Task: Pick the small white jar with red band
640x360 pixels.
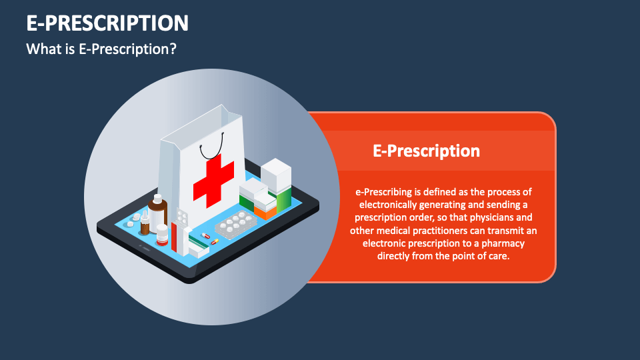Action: pos(162,235)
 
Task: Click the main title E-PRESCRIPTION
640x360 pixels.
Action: pos(107,24)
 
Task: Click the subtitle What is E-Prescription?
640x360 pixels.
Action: pos(101,49)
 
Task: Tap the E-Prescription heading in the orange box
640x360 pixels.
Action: pos(426,151)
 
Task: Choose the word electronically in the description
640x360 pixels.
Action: pos(388,205)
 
